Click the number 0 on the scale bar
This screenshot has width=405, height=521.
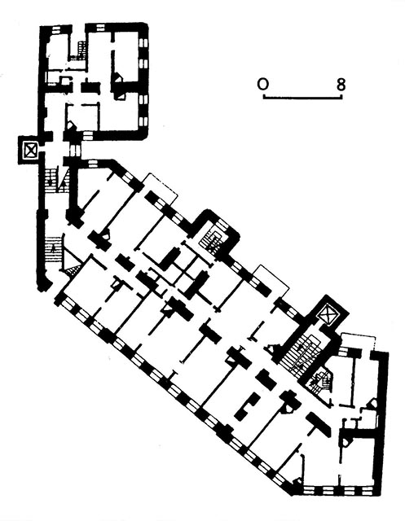click(262, 85)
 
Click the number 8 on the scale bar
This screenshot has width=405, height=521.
click(341, 85)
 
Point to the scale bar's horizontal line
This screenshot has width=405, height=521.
click(302, 98)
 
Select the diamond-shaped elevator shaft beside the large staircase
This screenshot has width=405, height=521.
click(327, 314)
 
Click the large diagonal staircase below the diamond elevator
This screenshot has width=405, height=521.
click(300, 357)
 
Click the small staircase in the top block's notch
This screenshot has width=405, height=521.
click(80, 50)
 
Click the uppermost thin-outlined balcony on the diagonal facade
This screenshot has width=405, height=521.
click(159, 188)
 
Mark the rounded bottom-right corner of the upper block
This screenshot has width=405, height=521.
click(143, 135)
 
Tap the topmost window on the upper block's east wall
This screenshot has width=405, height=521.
click(143, 43)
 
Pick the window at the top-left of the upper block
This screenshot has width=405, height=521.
click(55, 29)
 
